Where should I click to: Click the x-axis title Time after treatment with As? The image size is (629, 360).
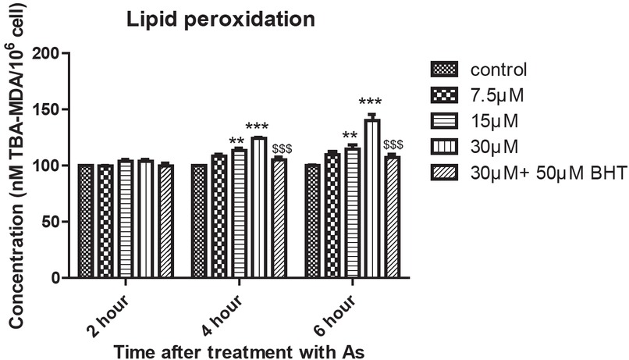tap(239, 351)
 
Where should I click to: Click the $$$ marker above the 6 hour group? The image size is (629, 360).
tap(393, 144)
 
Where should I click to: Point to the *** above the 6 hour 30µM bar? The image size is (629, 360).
tap(370, 102)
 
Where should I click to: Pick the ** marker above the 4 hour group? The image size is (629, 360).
tap(237, 141)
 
